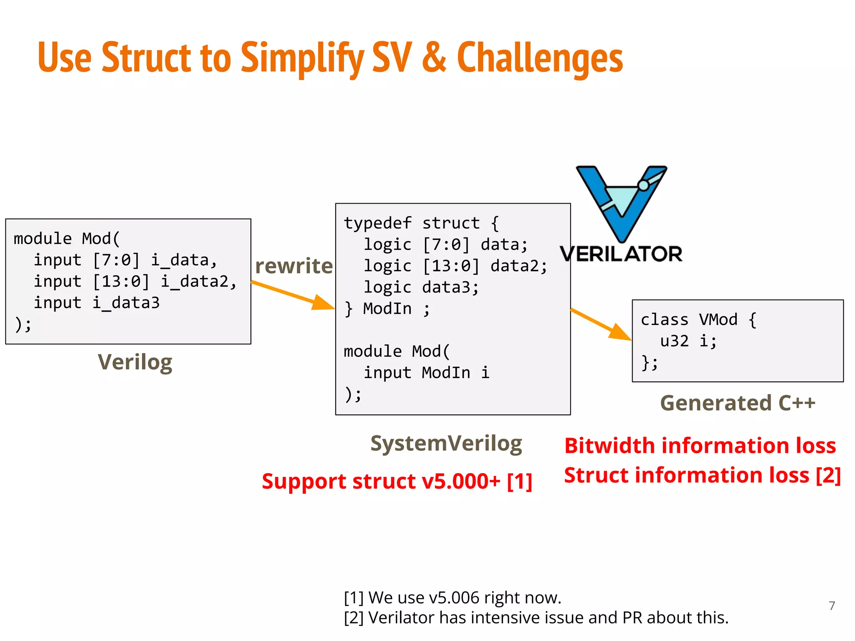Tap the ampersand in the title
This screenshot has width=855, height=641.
click(x=434, y=58)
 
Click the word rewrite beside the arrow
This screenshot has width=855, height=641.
click(x=294, y=266)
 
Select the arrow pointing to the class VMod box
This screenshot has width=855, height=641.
click(x=601, y=325)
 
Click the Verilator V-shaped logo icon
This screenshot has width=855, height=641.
click(x=621, y=204)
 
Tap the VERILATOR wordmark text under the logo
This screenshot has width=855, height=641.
click(x=621, y=254)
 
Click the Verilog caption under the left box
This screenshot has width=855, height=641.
click(x=135, y=362)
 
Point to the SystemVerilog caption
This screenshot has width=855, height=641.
click(x=446, y=443)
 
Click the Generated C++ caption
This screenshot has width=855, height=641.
click(x=737, y=403)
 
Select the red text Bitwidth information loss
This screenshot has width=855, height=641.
click(x=700, y=446)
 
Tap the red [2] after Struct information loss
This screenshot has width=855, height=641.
click(x=828, y=475)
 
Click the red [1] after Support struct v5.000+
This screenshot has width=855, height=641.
click(x=519, y=482)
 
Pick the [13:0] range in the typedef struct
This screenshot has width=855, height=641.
click(x=451, y=266)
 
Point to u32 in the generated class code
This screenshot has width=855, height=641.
click(x=674, y=341)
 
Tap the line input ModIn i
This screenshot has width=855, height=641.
click(x=426, y=373)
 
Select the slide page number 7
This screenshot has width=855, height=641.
click(x=832, y=606)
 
